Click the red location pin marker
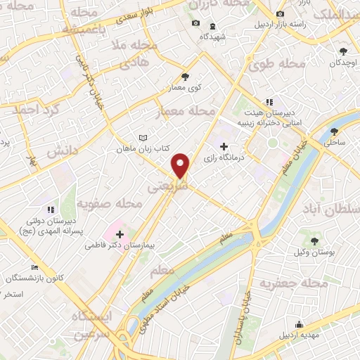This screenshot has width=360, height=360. click(181, 165)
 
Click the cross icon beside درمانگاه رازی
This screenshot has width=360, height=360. click(224, 147)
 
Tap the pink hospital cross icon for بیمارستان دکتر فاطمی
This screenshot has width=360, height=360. click(118, 233)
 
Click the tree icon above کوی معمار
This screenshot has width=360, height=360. click(186, 77)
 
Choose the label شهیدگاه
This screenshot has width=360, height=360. click(211, 36)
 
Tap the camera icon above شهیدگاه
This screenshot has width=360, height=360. click(196, 23)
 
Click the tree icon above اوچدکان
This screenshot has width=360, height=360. click(343, 51)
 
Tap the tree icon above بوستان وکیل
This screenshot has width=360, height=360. click(314, 240)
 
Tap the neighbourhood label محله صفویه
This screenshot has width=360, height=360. click(110, 204)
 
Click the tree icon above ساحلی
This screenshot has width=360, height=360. click(334, 131)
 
